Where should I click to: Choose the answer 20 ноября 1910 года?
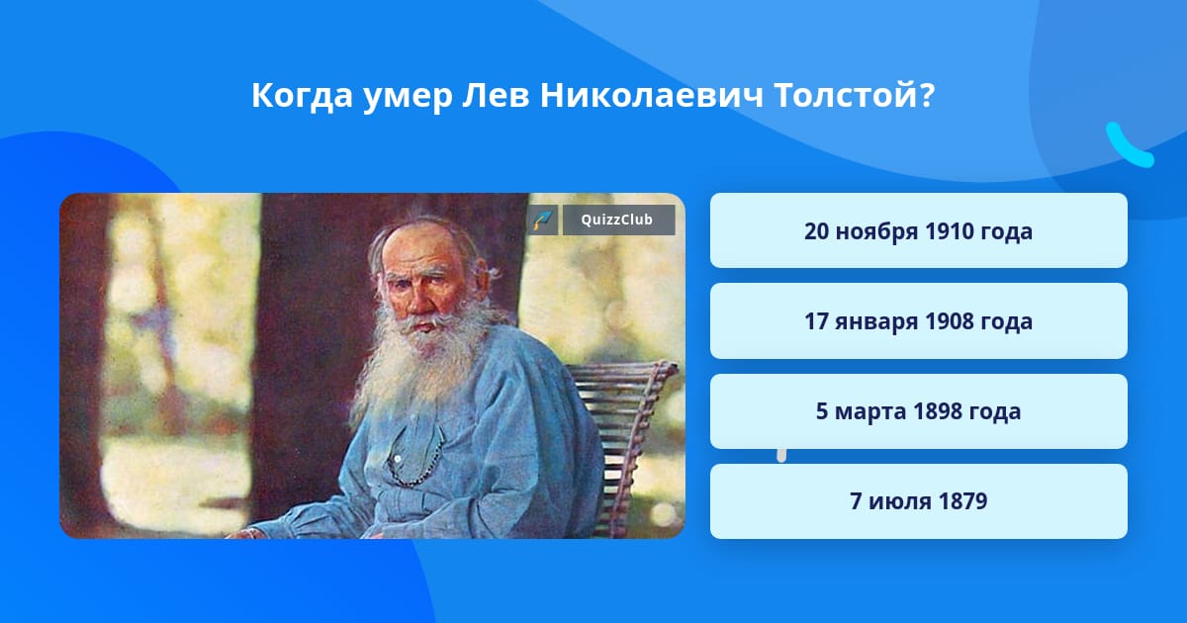tap(918, 230)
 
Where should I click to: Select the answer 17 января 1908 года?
tap(918, 321)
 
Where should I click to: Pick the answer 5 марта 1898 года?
tap(918, 411)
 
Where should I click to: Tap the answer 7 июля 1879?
tap(918, 501)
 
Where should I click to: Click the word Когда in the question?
tap(302, 95)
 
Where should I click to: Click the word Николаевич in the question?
tap(651, 95)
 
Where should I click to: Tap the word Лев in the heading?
tap(496, 95)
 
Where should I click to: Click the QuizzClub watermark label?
tap(618, 220)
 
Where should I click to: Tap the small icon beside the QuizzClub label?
tap(543, 220)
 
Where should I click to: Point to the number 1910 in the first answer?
tap(949, 231)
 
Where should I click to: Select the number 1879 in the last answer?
tap(962, 501)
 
